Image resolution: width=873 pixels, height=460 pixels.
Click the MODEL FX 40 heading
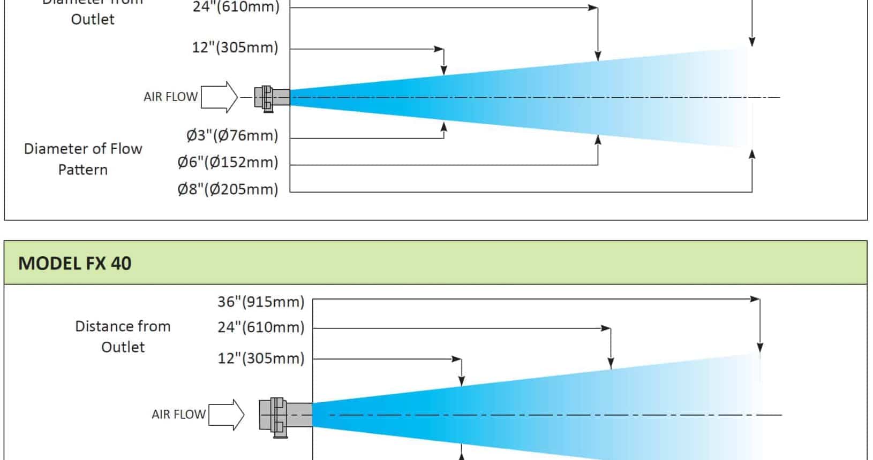[75, 263]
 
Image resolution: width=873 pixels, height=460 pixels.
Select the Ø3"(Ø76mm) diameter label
[232, 135]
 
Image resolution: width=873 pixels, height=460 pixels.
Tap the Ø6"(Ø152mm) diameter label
[228, 162]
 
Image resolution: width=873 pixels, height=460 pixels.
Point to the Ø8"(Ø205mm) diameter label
[228, 189]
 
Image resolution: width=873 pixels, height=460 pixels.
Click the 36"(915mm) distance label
[260, 302]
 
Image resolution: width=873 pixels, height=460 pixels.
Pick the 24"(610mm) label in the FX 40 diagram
[260, 327]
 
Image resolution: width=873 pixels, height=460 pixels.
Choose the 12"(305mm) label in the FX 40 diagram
[260, 358]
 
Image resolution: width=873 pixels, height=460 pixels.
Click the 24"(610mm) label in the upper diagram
[236, 7]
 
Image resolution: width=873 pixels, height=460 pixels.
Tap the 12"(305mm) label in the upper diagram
[235, 48]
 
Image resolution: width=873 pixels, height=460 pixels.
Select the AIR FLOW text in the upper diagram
[170, 97]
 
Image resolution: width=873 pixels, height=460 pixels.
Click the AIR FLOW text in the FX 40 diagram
[178, 415]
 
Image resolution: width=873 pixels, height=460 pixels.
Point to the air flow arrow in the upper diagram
[220, 97]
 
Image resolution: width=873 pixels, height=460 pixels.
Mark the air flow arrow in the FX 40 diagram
[227, 415]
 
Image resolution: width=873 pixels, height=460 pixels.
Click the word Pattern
[82, 170]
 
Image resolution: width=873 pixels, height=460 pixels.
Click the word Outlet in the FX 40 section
[123, 347]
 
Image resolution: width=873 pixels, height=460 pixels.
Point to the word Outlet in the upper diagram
[93, 19]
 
